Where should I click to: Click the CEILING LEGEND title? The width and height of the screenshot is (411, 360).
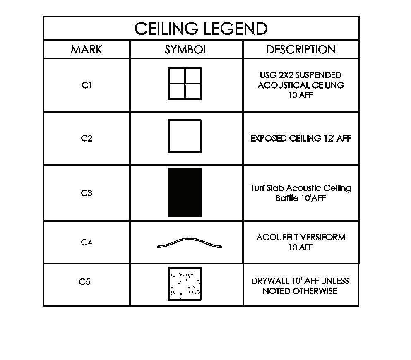point(201,29)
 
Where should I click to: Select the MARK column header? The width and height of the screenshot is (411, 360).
point(87,50)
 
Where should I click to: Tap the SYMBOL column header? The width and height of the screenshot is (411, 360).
point(186,50)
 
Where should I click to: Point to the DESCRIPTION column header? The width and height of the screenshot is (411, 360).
point(300,50)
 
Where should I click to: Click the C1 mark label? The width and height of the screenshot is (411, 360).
point(87,85)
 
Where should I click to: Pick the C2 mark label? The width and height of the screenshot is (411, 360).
point(87,138)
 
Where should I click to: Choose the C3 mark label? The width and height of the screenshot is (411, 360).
point(87,193)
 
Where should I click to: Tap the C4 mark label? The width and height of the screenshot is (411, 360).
point(87,242)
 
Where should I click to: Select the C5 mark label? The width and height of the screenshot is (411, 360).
point(84,282)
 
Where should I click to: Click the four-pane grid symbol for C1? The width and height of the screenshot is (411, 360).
point(185,84)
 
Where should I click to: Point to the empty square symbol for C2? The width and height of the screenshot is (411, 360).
point(185,136)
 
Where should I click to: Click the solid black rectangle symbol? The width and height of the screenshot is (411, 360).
point(185,192)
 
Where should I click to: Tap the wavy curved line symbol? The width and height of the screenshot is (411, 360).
point(189,242)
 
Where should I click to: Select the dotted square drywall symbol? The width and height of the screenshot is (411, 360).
point(185,284)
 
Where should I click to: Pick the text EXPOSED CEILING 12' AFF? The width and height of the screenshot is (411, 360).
point(300,138)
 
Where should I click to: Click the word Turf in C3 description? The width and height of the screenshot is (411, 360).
point(257,188)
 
